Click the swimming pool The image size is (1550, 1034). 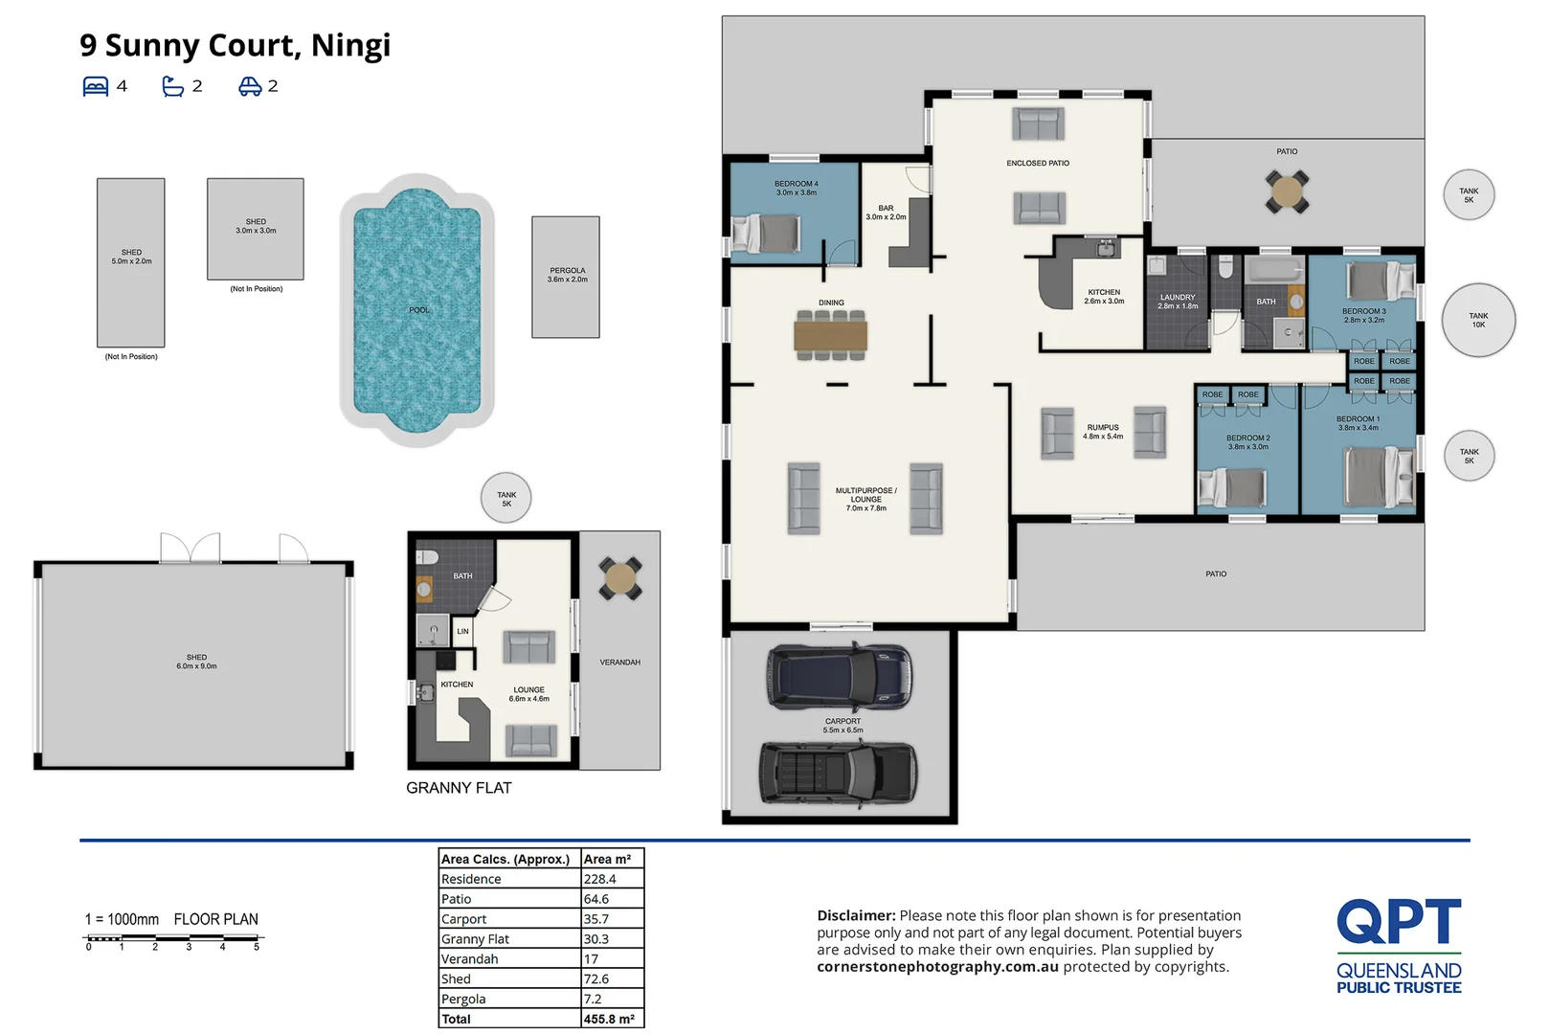pyautogui.click(x=417, y=309)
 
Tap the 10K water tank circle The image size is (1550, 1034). pyautogui.click(x=1478, y=321)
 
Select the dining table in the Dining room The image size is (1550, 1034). pyautogui.click(x=830, y=336)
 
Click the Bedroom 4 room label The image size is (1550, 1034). pyautogui.click(x=796, y=189)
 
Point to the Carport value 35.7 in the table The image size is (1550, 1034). pyautogui.click(x=595, y=918)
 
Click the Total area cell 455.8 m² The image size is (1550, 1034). pyautogui.click(x=609, y=1019)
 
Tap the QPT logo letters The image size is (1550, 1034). pyautogui.click(x=1399, y=920)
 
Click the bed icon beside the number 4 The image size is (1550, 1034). pyautogui.click(x=96, y=86)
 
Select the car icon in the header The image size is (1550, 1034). pyautogui.click(x=250, y=86)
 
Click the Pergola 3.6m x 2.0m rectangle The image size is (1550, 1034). pyautogui.click(x=566, y=277)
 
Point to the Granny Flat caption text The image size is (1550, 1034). pyautogui.click(x=459, y=788)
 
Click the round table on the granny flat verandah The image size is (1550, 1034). pyautogui.click(x=620, y=578)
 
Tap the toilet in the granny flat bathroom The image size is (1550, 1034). pyautogui.click(x=427, y=557)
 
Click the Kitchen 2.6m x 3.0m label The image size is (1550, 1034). pyautogui.click(x=1104, y=296)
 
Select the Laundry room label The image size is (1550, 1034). pyautogui.click(x=1177, y=301)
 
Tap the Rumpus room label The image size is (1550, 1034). pyautogui.click(x=1103, y=432)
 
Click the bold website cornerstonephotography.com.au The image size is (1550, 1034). pyautogui.click(x=937, y=966)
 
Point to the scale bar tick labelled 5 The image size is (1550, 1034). pyautogui.click(x=257, y=946)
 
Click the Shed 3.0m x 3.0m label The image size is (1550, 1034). pyautogui.click(x=256, y=226)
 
